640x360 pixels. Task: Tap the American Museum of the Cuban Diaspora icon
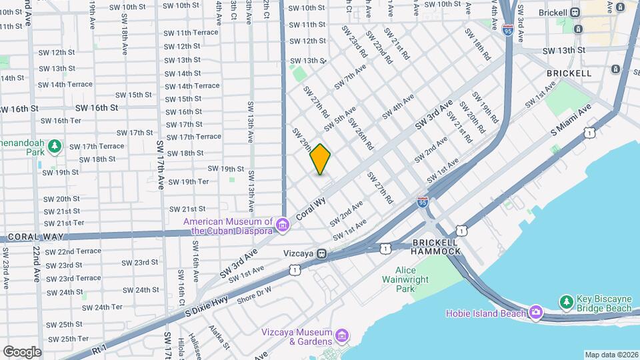(x=283, y=226)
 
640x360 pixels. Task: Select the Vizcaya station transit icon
(x=322, y=253)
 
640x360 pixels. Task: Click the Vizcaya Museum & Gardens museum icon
(x=342, y=333)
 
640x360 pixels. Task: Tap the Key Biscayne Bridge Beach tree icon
(x=566, y=302)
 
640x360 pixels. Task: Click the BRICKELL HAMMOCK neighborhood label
(x=436, y=247)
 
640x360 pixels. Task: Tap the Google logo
(x=22, y=352)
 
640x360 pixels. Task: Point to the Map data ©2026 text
(x=611, y=355)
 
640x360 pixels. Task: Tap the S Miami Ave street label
(x=572, y=120)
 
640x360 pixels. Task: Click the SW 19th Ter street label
(x=189, y=182)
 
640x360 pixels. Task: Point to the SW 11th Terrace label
(x=191, y=32)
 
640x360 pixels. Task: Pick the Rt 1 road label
(x=99, y=347)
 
